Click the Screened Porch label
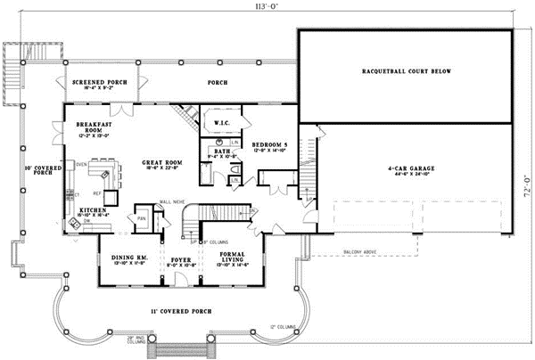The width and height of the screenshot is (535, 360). (x=100, y=82)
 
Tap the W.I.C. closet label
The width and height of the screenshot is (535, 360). (x=223, y=122)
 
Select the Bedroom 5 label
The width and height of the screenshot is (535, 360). (x=269, y=144)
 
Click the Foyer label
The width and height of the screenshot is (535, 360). (x=180, y=262)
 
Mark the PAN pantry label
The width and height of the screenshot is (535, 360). (x=141, y=217)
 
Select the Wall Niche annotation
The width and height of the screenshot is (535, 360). (x=170, y=201)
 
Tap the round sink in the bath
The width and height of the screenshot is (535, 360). (x=218, y=142)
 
